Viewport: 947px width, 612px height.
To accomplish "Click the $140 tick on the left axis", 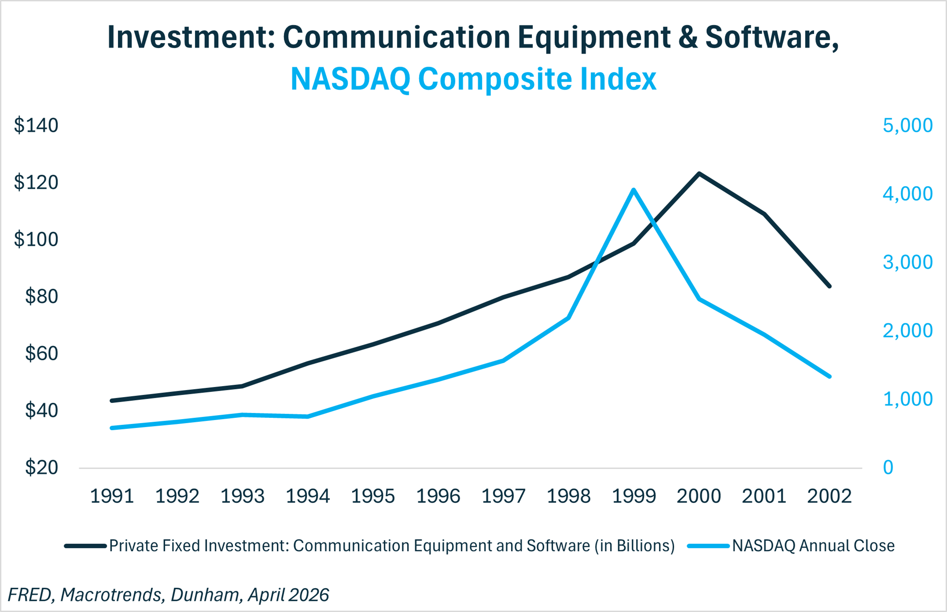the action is [36, 125].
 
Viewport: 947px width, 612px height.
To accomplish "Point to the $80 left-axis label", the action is [42, 297].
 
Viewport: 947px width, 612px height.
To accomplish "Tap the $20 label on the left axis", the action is [42, 468].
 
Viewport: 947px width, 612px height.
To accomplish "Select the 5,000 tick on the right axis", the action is [908, 125].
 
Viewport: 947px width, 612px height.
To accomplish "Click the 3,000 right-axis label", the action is [908, 262].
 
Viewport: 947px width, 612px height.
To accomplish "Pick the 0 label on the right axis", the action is [888, 468].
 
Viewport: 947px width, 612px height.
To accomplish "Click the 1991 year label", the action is [112, 496].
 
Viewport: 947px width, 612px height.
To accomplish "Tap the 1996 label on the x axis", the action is [438, 496].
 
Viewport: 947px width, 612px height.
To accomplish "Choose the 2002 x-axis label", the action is [829, 496].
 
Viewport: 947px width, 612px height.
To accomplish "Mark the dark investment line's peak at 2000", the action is [699, 173].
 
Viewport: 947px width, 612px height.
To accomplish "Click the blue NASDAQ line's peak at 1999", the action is [634, 190].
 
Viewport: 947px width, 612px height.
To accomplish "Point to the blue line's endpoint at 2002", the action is [829, 376].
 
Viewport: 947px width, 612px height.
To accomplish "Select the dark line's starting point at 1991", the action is [112, 401].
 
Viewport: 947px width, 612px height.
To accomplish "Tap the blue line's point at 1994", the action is [308, 417].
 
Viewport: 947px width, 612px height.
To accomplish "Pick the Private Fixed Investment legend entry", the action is [370, 546].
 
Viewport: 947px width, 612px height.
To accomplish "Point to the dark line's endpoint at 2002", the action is [829, 286].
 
